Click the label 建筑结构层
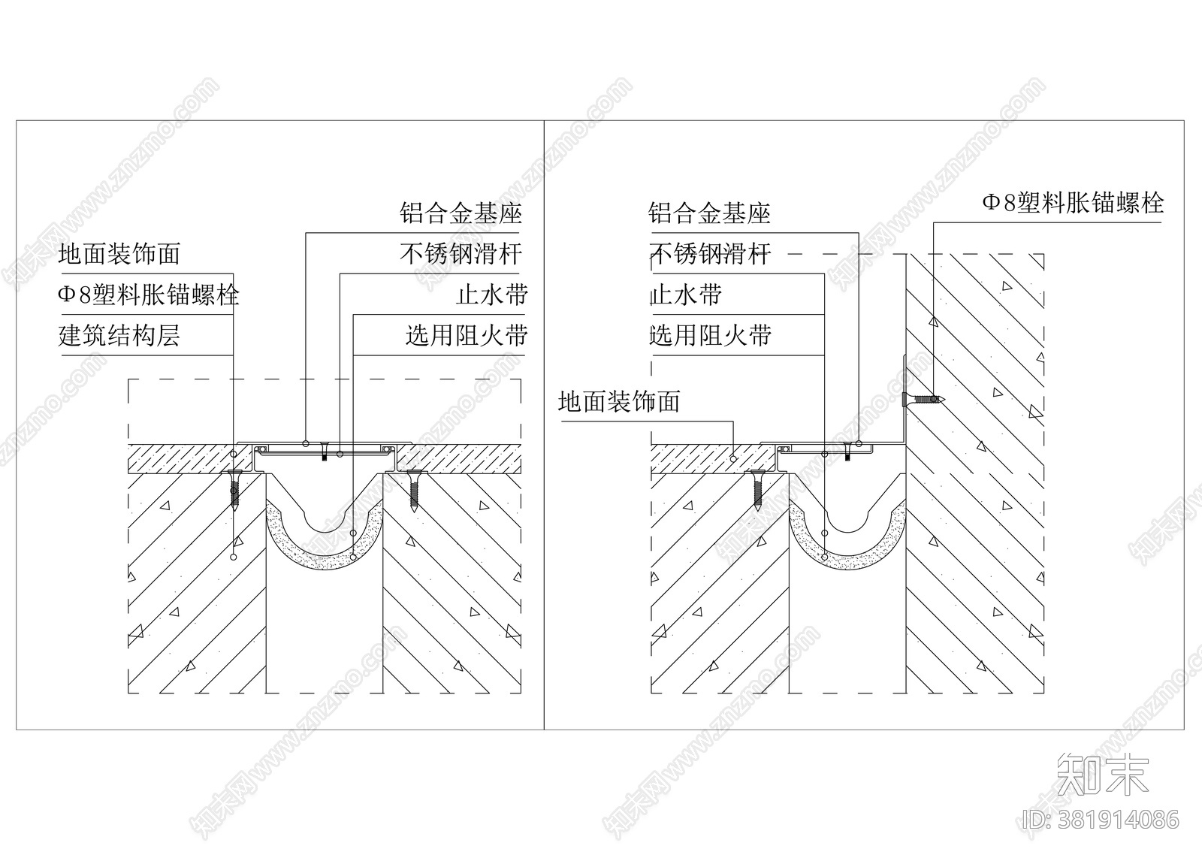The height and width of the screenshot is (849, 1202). [x=119, y=335]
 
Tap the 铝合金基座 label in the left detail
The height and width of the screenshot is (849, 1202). [x=461, y=213]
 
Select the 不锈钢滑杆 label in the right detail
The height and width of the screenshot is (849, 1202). [x=710, y=254]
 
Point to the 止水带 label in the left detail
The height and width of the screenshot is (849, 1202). [x=491, y=295]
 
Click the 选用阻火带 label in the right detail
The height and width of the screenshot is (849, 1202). [x=710, y=335]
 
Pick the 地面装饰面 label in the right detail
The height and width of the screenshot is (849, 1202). [x=619, y=402]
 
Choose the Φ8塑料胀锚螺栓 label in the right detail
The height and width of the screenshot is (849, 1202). [x=1073, y=203]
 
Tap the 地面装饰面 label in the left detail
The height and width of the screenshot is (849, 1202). [x=119, y=254]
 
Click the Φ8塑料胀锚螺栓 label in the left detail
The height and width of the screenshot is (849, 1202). [x=148, y=295]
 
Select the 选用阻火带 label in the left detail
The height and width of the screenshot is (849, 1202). [x=467, y=335]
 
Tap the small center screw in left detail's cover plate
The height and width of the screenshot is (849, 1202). [x=324, y=453]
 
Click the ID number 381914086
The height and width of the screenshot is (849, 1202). [x=1101, y=819]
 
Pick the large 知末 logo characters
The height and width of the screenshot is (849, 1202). [x=1103, y=774]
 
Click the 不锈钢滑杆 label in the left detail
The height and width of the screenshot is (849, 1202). [x=461, y=254]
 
